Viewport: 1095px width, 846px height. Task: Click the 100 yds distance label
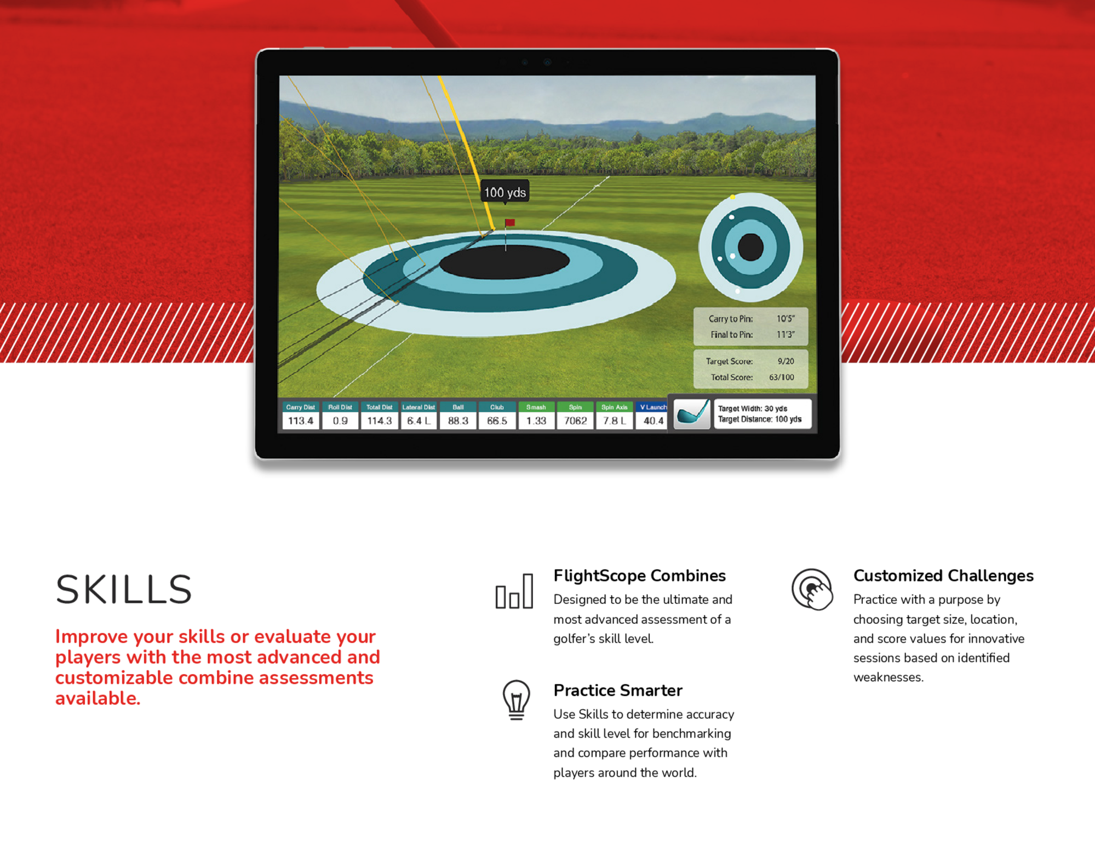click(504, 192)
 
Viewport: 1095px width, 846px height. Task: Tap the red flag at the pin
click(509, 222)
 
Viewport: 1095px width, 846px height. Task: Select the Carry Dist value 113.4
click(301, 421)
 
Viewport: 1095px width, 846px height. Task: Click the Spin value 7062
click(575, 421)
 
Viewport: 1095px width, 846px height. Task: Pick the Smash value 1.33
click(536, 421)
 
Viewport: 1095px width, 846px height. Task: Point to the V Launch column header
click(653, 407)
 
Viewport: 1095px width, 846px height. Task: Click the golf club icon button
click(692, 413)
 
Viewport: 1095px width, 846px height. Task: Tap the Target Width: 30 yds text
click(752, 408)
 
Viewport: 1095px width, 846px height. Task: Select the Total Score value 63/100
click(781, 377)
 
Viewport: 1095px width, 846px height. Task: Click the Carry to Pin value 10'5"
click(786, 319)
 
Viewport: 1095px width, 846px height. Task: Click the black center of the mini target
click(750, 247)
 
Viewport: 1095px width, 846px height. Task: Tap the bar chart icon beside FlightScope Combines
click(514, 591)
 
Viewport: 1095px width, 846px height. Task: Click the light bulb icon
click(516, 700)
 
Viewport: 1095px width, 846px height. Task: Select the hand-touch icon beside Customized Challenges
click(812, 589)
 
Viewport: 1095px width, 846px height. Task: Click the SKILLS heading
click(124, 590)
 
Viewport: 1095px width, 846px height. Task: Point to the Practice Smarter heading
click(618, 690)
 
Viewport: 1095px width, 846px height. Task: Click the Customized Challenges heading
click(943, 575)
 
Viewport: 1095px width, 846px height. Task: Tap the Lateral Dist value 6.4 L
click(418, 421)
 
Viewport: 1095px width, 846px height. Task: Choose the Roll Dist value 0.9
click(340, 421)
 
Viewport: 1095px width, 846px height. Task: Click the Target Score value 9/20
click(786, 361)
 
